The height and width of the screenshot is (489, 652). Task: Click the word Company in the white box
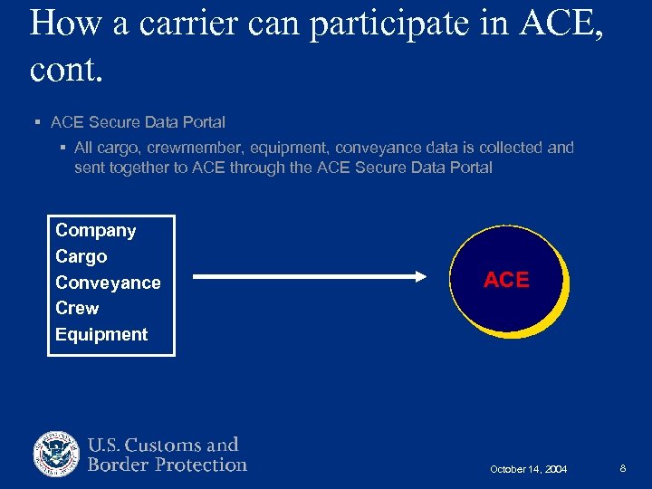tap(95, 231)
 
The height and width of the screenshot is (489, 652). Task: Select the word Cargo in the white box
tap(81, 257)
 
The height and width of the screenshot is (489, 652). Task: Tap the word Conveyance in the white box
tap(108, 283)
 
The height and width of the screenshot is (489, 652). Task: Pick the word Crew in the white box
tap(77, 308)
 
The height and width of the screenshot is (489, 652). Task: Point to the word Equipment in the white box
tap(101, 334)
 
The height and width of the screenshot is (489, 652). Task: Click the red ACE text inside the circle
tap(506, 281)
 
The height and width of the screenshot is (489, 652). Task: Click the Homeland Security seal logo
tap(57, 455)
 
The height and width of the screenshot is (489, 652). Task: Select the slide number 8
tap(623, 468)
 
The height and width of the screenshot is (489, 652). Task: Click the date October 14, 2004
tap(528, 469)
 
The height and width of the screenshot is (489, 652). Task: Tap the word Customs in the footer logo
tap(163, 445)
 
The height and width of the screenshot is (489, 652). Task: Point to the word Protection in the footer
tap(201, 465)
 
